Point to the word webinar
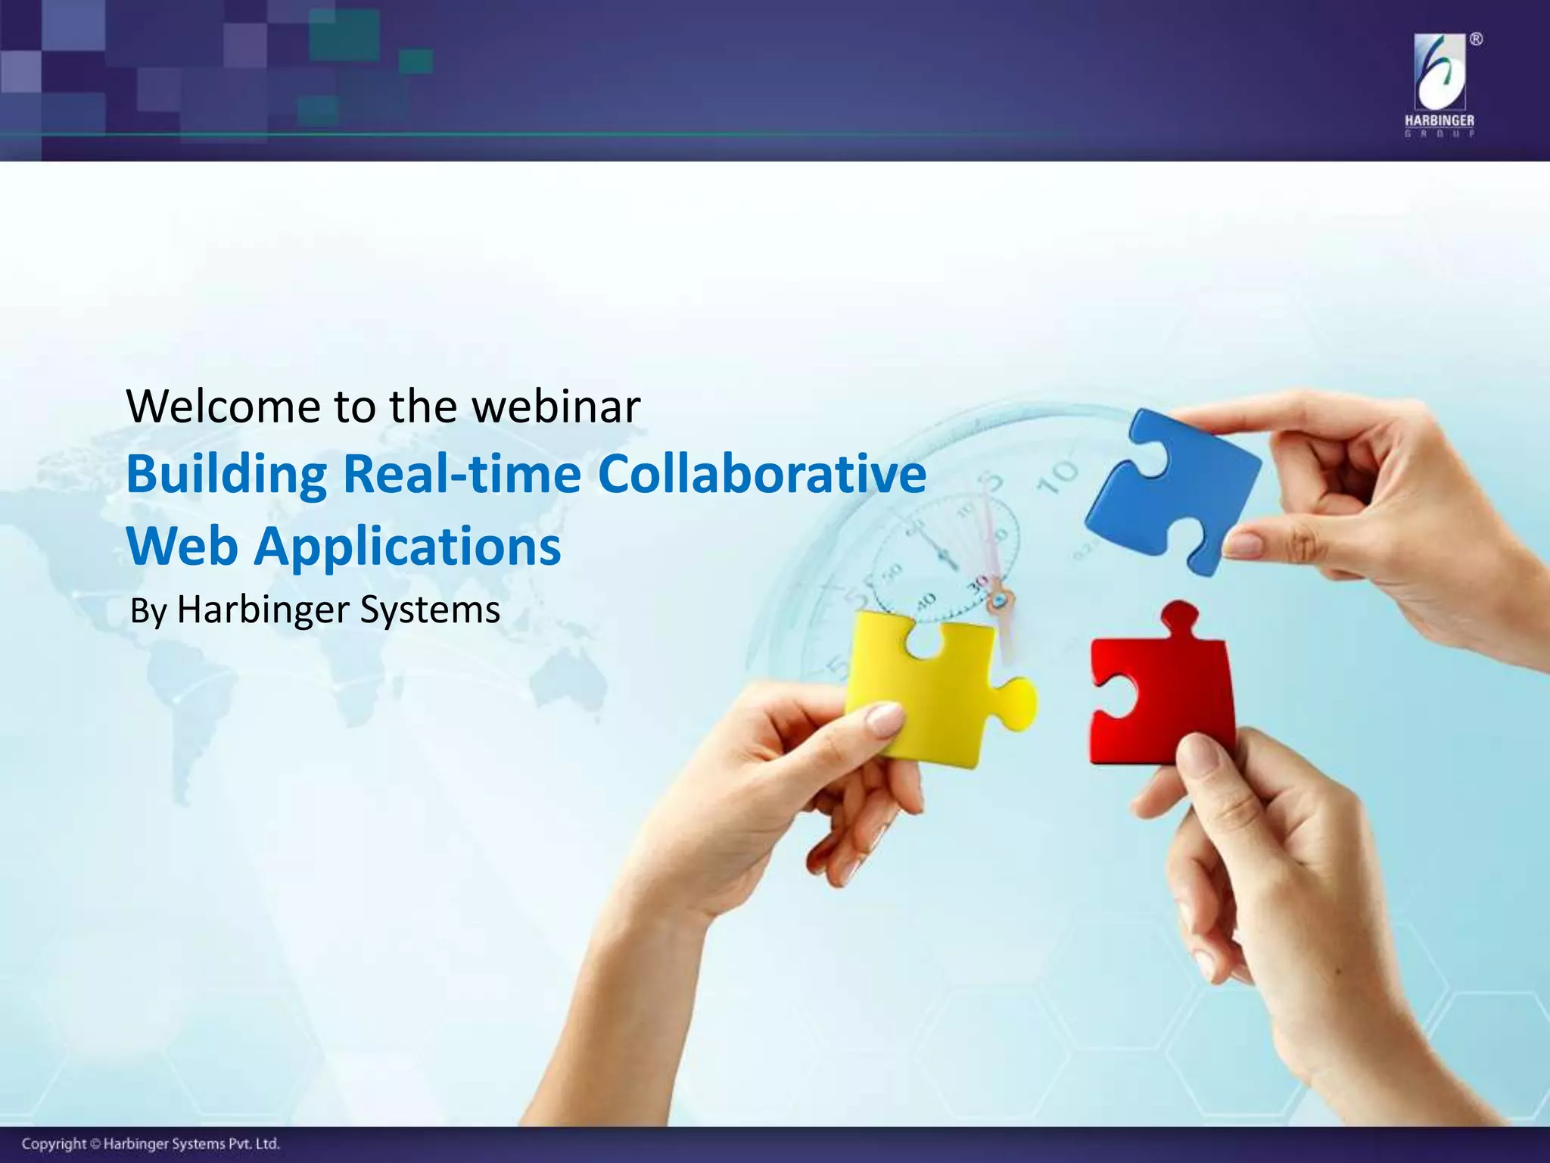[556, 407]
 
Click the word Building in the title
[226, 475]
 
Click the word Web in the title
[182, 545]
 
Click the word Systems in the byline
[429, 610]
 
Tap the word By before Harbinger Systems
[148, 611]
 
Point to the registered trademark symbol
[1476, 40]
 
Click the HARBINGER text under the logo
[1439, 120]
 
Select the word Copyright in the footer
[54, 1143]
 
